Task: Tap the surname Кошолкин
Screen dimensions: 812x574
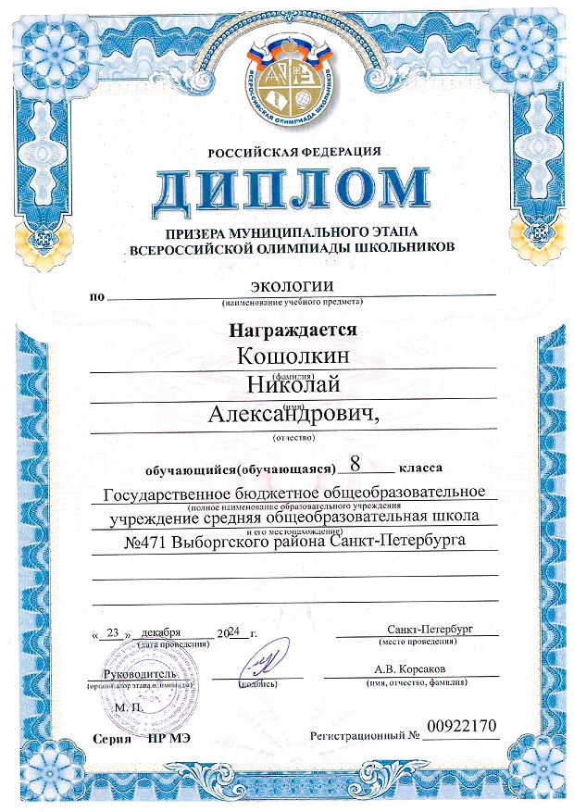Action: click(289, 356)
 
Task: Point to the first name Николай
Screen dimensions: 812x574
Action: click(290, 384)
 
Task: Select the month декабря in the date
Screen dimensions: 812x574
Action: click(165, 632)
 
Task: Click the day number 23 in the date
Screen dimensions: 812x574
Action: click(115, 633)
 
